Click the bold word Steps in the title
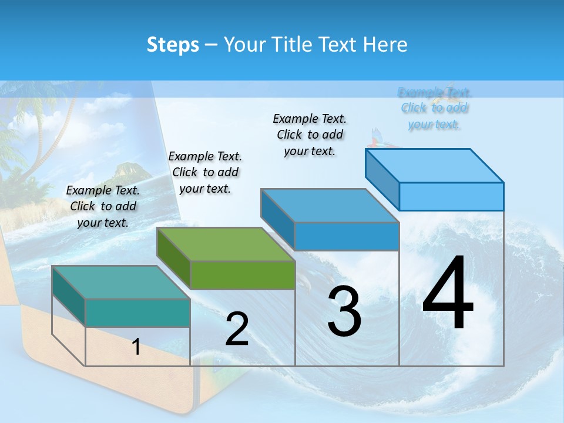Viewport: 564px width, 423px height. click(173, 45)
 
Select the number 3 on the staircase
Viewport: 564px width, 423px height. click(344, 311)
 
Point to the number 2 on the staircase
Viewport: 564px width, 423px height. click(237, 329)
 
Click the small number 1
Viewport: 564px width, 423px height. click(136, 347)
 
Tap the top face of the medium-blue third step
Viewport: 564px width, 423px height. click(329, 206)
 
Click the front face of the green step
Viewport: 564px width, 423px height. click(243, 275)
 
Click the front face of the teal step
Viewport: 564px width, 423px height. click(137, 313)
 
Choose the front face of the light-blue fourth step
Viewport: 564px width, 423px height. click(451, 196)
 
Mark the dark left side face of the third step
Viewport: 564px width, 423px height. click(277, 219)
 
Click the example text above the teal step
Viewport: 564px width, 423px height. click(103, 206)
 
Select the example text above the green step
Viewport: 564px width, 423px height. click(205, 172)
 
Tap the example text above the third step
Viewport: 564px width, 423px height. click(310, 135)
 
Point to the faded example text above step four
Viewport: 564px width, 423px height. click(434, 108)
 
